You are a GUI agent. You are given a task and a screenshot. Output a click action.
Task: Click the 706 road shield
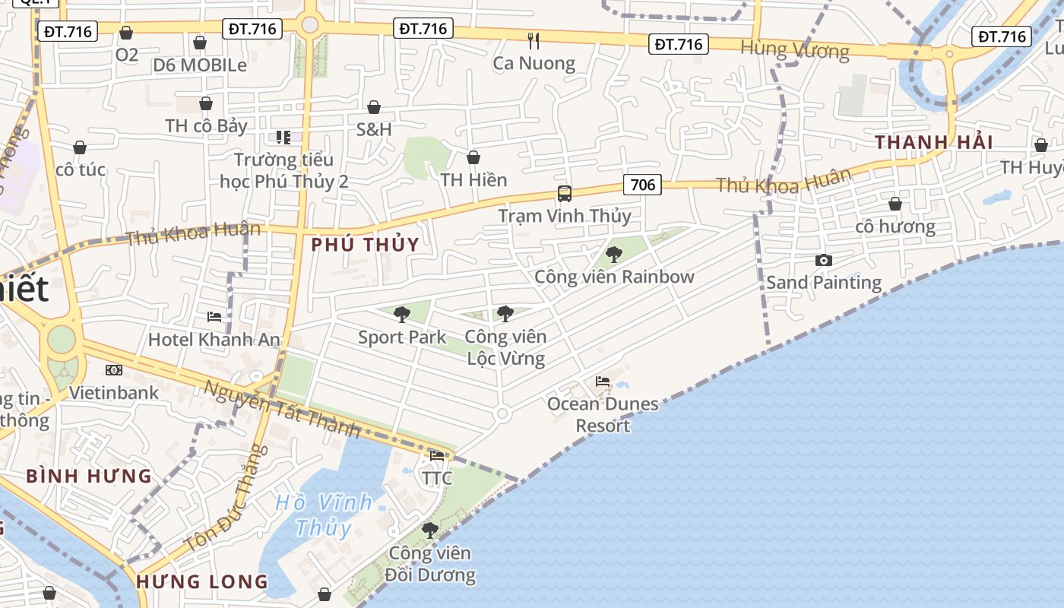click(642, 184)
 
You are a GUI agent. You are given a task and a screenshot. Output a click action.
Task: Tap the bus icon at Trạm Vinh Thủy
click(564, 194)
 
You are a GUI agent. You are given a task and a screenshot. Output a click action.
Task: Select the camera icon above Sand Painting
click(823, 261)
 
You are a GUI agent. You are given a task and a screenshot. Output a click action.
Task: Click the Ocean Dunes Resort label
click(603, 414)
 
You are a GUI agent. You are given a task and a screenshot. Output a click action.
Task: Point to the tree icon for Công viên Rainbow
click(614, 255)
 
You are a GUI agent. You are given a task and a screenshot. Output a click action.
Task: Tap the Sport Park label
click(402, 337)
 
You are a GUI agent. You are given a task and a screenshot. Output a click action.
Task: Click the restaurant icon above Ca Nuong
click(534, 40)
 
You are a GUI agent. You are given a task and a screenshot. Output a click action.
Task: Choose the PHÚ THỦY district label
click(366, 245)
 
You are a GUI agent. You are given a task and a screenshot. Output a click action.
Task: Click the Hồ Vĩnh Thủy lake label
click(324, 515)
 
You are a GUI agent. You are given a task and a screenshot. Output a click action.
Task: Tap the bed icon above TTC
click(437, 456)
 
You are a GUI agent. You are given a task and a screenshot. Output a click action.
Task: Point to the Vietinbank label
click(114, 392)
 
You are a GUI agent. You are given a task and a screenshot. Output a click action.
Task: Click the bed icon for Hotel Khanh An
click(214, 316)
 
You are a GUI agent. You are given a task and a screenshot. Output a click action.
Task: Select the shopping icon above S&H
click(374, 107)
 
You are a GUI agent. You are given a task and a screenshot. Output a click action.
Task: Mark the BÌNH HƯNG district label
click(89, 477)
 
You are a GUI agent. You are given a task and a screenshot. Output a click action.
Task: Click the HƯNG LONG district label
click(202, 582)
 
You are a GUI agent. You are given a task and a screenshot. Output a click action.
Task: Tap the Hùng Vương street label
click(795, 50)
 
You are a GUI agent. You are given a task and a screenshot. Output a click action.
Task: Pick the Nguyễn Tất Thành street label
click(282, 409)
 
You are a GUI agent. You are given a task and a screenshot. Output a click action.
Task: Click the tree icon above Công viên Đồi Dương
click(430, 530)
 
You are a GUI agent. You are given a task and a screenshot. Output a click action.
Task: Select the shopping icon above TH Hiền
click(473, 157)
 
